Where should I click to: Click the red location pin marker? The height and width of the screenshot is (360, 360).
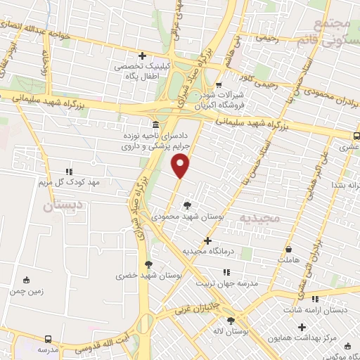[x=181, y=166]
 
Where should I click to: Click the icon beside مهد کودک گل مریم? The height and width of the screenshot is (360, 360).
[x=68, y=171]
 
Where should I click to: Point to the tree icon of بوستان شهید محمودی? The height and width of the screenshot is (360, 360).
[x=186, y=205]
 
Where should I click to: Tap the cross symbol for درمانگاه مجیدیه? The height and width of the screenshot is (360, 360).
[x=207, y=240]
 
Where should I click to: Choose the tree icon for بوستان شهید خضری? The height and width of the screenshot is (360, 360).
[x=148, y=264]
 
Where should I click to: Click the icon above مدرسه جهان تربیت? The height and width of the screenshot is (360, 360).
[x=226, y=271]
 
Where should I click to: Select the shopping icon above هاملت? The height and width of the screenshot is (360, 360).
[x=289, y=249]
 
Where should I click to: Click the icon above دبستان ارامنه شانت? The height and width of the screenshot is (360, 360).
[x=315, y=299]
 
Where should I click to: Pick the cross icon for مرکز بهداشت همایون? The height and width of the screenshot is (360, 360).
[x=302, y=328]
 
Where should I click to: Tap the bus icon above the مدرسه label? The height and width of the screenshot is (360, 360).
[x=47, y=338]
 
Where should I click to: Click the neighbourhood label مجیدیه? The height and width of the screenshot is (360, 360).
[x=259, y=218]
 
